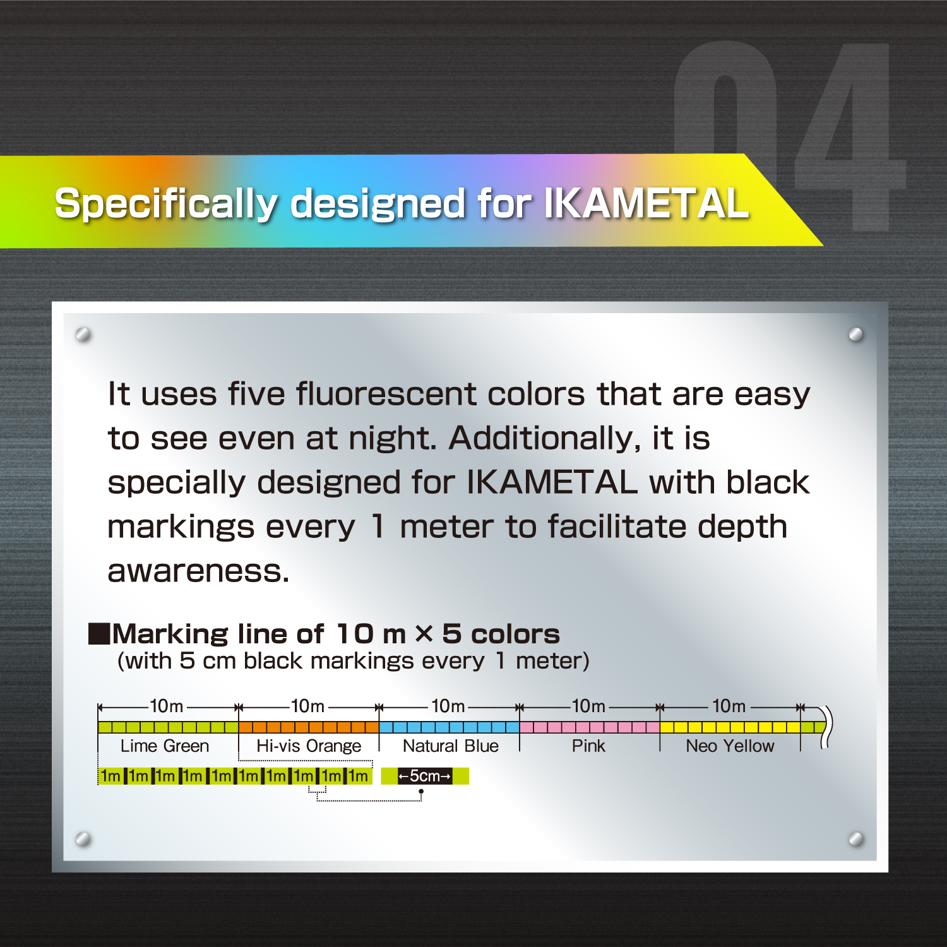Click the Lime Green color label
click(165, 746)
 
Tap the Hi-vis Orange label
click(309, 746)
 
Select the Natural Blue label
click(451, 746)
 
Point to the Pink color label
click(588, 746)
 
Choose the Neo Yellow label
click(730, 746)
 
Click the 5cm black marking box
click(424, 776)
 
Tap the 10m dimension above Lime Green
click(167, 706)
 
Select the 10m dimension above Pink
click(588, 706)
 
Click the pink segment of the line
click(589, 727)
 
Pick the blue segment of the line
click(449, 727)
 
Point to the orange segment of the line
click(309, 727)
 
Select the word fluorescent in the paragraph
click(386, 395)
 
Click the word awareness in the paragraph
click(198, 571)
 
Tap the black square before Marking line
click(99, 633)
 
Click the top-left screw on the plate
click(83, 334)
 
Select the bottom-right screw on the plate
click(856, 839)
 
